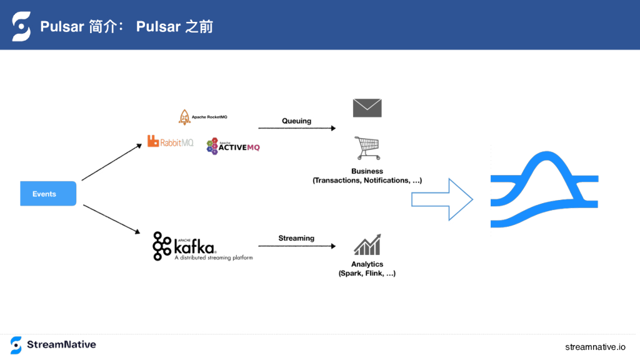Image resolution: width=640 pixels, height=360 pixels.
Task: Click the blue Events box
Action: click(x=48, y=194)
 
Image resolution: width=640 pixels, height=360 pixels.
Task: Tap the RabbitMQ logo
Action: click(x=170, y=142)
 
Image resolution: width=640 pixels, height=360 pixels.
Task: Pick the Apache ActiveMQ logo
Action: click(x=234, y=146)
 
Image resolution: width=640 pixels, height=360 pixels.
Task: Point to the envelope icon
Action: click(x=367, y=108)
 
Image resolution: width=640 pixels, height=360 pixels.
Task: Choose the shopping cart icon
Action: click(x=367, y=148)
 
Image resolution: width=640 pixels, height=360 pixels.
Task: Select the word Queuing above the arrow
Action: click(x=296, y=121)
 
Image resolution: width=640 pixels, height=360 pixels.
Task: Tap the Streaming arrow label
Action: click(x=296, y=238)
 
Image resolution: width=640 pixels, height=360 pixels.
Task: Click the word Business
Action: click(x=367, y=171)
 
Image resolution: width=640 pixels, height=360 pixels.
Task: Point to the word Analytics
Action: click(x=367, y=264)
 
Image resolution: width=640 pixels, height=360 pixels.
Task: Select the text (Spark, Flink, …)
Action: click(x=367, y=274)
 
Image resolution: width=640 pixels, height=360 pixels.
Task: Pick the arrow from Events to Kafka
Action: click(x=112, y=219)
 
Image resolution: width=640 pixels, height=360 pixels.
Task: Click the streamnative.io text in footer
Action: click(x=595, y=347)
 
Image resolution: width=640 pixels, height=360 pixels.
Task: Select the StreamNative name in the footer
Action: click(x=61, y=345)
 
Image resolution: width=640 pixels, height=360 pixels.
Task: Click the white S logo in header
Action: click(x=21, y=26)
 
